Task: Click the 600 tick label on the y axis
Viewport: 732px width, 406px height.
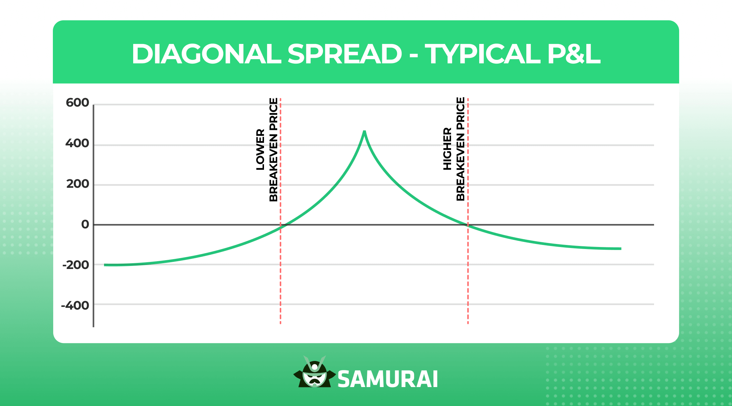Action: tap(77, 103)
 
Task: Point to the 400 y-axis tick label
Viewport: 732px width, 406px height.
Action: tap(77, 143)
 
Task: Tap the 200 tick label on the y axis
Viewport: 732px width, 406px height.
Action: tap(78, 184)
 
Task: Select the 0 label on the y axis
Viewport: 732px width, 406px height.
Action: tap(85, 224)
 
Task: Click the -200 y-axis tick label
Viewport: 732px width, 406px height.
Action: tap(76, 265)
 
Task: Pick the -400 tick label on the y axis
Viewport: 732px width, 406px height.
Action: tap(75, 306)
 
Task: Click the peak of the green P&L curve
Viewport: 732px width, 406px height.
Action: tap(364, 132)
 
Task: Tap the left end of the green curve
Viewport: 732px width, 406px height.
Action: tap(105, 265)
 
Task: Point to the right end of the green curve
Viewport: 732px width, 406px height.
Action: tap(621, 249)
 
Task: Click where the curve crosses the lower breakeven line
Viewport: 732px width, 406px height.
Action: tap(281, 227)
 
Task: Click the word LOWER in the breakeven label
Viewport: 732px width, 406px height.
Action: tap(260, 149)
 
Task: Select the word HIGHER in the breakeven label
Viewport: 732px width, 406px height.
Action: tap(447, 149)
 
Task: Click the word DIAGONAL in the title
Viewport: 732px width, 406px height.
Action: tap(206, 54)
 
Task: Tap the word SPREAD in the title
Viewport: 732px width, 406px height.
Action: tap(345, 54)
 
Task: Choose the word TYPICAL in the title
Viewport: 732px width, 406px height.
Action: tap(483, 54)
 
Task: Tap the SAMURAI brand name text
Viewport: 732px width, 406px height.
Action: tap(388, 379)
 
